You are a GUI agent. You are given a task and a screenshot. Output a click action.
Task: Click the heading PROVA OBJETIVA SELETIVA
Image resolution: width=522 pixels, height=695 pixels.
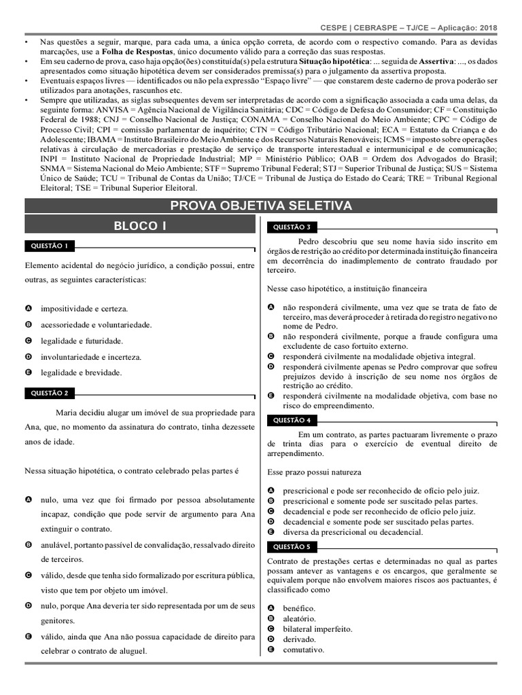(261, 206)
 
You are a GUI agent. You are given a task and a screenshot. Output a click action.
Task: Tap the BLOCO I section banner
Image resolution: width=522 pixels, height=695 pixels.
(139, 225)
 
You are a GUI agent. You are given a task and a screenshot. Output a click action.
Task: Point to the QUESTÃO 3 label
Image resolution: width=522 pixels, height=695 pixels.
(293, 227)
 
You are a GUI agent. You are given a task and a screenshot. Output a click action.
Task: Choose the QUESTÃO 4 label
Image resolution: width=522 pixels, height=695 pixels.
(293, 420)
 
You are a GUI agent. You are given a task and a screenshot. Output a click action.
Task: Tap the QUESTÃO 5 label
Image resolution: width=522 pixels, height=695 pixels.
(293, 546)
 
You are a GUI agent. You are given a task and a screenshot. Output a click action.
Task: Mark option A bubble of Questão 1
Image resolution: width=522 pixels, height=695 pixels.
(29, 308)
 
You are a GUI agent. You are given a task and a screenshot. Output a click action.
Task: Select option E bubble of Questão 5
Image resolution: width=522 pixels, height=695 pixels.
(271, 650)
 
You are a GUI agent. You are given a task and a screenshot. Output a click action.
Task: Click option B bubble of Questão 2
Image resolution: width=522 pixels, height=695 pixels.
(29, 544)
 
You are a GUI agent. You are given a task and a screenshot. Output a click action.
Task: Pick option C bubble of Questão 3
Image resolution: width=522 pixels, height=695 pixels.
(271, 356)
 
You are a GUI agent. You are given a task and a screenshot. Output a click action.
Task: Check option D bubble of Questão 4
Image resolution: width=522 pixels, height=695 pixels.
(271, 522)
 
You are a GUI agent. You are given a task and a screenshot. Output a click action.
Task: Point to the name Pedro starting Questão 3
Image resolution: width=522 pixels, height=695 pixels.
(309, 240)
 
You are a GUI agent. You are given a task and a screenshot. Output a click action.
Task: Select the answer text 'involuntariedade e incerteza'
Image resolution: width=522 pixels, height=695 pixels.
(91, 356)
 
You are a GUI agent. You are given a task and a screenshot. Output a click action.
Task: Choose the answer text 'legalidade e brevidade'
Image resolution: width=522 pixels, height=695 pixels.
(81, 373)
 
